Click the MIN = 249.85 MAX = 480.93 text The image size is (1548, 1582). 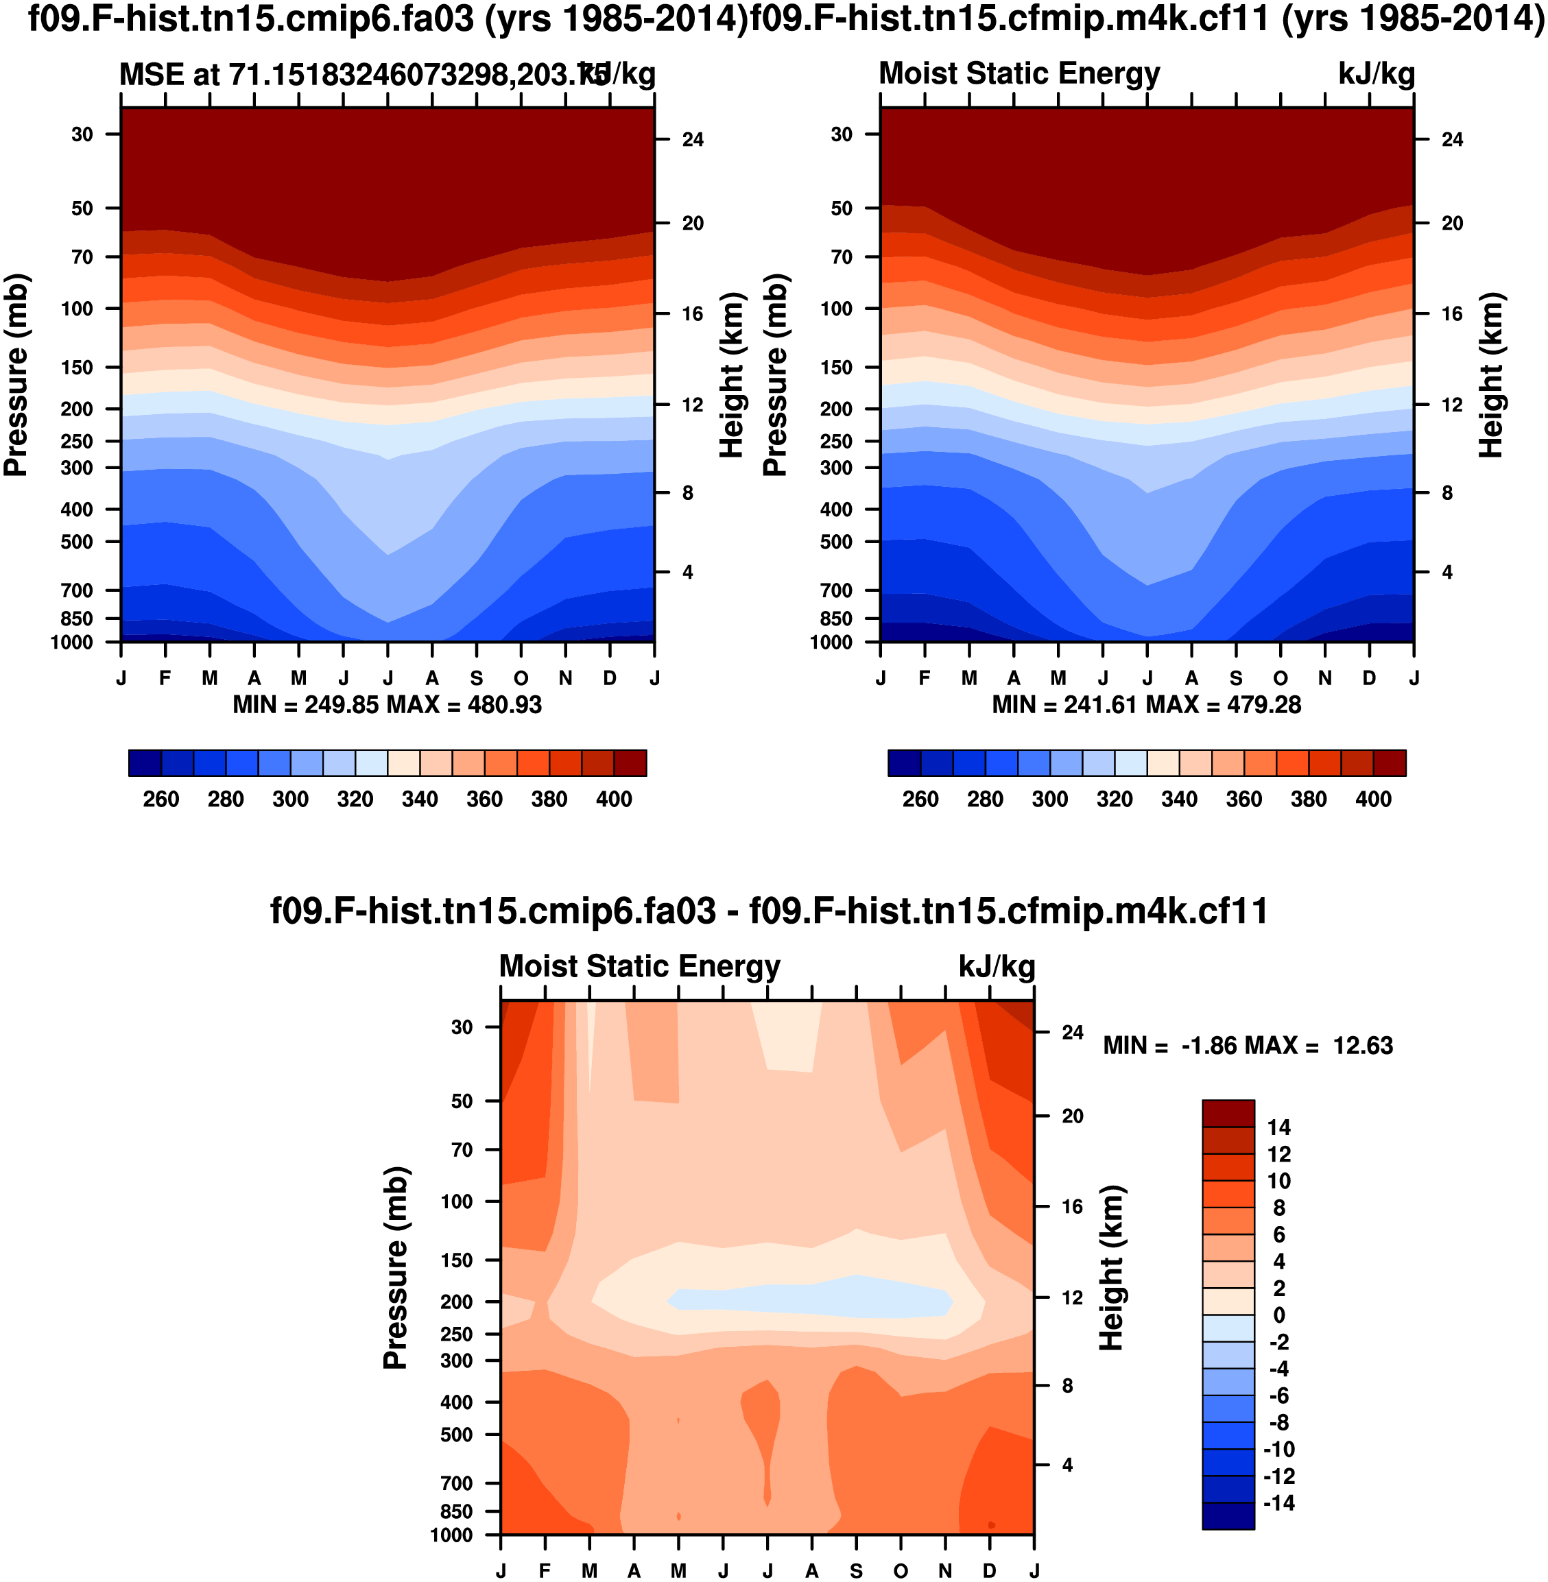[x=387, y=704]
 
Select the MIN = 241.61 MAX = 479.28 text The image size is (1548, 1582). [x=1146, y=704]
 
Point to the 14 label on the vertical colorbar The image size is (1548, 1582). [x=1279, y=1127]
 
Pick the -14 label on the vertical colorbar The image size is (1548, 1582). [x=1279, y=1502]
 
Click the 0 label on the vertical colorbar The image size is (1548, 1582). [x=1279, y=1315]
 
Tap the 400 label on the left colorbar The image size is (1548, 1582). [x=614, y=799]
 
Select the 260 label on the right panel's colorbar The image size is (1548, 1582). [x=920, y=799]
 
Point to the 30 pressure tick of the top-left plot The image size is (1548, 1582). [x=82, y=134]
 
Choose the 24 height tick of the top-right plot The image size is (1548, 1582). [x=1452, y=140]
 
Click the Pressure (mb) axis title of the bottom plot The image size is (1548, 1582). [x=395, y=1268]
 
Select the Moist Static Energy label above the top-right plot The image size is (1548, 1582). [x=1019, y=73]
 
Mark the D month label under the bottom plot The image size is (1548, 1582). [x=990, y=1570]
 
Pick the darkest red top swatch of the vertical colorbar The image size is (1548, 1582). [x=1228, y=1113]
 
